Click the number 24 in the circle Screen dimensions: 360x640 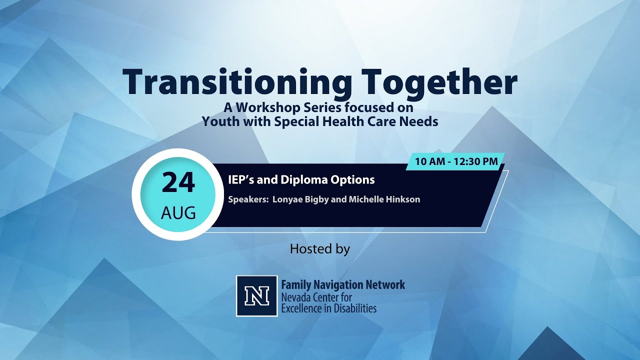pos(178,183)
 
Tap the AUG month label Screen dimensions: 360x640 pos(178,213)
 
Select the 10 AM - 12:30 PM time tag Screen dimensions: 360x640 pos(455,161)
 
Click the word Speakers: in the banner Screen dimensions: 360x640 pos(247,199)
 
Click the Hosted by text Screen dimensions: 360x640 pos(320,248)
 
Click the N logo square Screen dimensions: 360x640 pos(257,296)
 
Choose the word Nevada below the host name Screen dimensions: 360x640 pos(296,297)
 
